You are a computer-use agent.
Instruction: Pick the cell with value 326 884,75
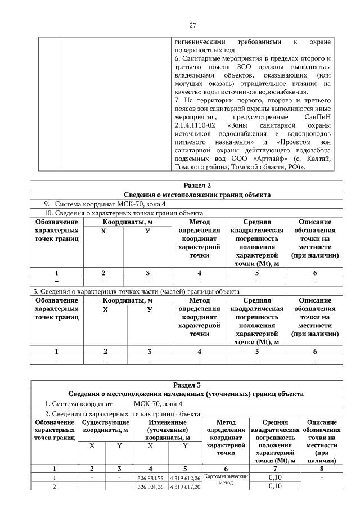click(x=150, y=478)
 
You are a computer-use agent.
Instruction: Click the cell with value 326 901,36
click(x=150, y=487)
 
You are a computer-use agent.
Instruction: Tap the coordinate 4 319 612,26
click(x=184, y=478)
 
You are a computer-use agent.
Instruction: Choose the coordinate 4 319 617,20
click(x=184, y=487)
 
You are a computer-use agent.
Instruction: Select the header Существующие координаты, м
click(x=106, y=426)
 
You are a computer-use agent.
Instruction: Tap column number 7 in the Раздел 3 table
click(x=275, y=468)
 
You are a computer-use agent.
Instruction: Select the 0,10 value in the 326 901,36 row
click(x=275, y=487)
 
